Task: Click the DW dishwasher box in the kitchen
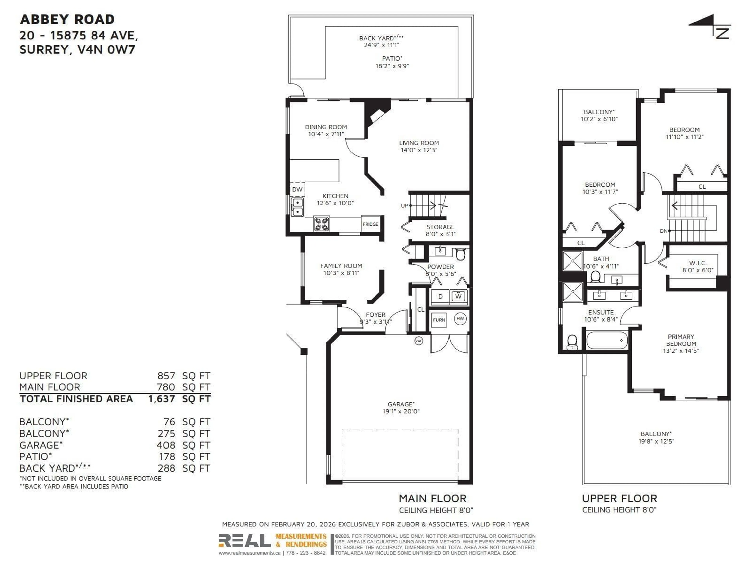point(297,189)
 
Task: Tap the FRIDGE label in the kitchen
point(370,224)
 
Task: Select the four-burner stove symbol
point(321,224)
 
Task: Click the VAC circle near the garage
point(419,341)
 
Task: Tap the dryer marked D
point(440,296)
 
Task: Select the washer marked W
point(458,296)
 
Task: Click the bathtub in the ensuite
point(607,340)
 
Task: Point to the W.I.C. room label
point(698,263)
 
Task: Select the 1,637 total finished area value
point(162,399)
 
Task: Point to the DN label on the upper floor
point(663,231)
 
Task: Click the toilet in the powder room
point(460,254)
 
